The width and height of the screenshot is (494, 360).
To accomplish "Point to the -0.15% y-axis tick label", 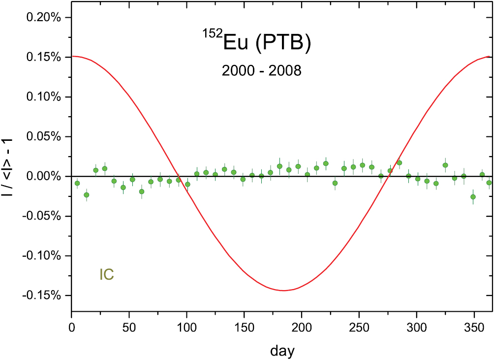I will pyautogui.click(x=43, y=295).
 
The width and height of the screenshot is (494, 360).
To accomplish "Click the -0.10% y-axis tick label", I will pyautogui.click(x=43, y=256).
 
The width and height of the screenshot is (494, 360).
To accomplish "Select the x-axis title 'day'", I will pyautogui.click(x=282, y=338).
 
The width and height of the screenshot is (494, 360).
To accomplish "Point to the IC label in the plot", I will pyautogui.click(x=107, y=275).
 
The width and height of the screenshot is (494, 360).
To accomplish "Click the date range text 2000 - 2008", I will pyautogui.click(x=261, y=71).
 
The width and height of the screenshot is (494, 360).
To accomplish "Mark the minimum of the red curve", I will pyautogui.click(x=283, y=291).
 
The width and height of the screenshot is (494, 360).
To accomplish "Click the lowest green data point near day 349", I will pyautogui.click(x=473, y=197).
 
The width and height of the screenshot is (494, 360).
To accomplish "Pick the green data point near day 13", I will pyautogui.click(x=86, y=195).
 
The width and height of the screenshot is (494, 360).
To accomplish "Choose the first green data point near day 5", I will pyautogui.click(x=77, y=183).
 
